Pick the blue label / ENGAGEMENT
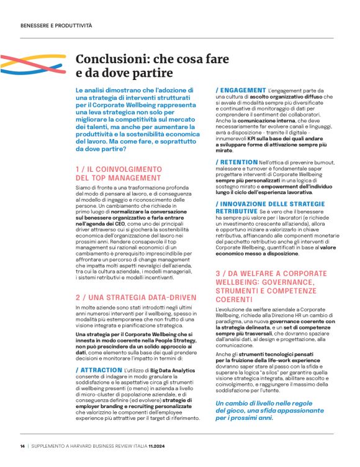(242, 91)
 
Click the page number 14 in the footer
(22, 445)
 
